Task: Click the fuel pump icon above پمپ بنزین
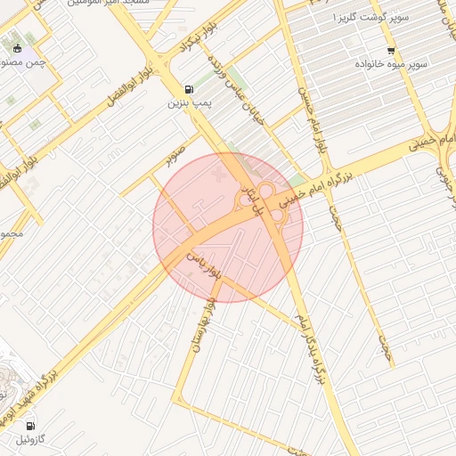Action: point(188,89)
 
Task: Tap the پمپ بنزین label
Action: point(188,103)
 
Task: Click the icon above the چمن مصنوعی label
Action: point(18,48)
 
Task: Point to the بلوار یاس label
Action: point(201,265)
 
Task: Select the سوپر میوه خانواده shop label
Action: point(392,65)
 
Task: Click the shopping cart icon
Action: point(391,50)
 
